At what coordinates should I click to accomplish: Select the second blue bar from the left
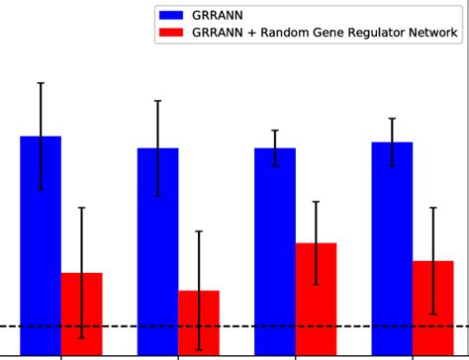(x=157, y=251)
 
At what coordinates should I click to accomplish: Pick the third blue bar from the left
(x=275, y=251)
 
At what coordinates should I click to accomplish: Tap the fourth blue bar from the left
(x=392, y=248)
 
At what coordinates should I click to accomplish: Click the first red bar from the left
(x=81, y=314)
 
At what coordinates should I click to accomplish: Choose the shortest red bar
(x=198, y=322)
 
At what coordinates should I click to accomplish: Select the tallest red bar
(x=316, y=299)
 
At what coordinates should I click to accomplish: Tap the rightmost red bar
(x=432, y=308)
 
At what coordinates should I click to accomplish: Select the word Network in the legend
(x=431, y=33)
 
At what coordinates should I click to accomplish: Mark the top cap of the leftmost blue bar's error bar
(x=41, y=83)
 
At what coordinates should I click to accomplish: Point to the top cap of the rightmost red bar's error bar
(x=432, y=208)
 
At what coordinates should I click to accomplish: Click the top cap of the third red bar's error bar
(x=316, y=202)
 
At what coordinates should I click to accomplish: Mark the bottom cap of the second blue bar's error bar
(x=157, y=196)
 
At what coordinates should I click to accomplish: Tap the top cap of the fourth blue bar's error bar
(x=392, y=119)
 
